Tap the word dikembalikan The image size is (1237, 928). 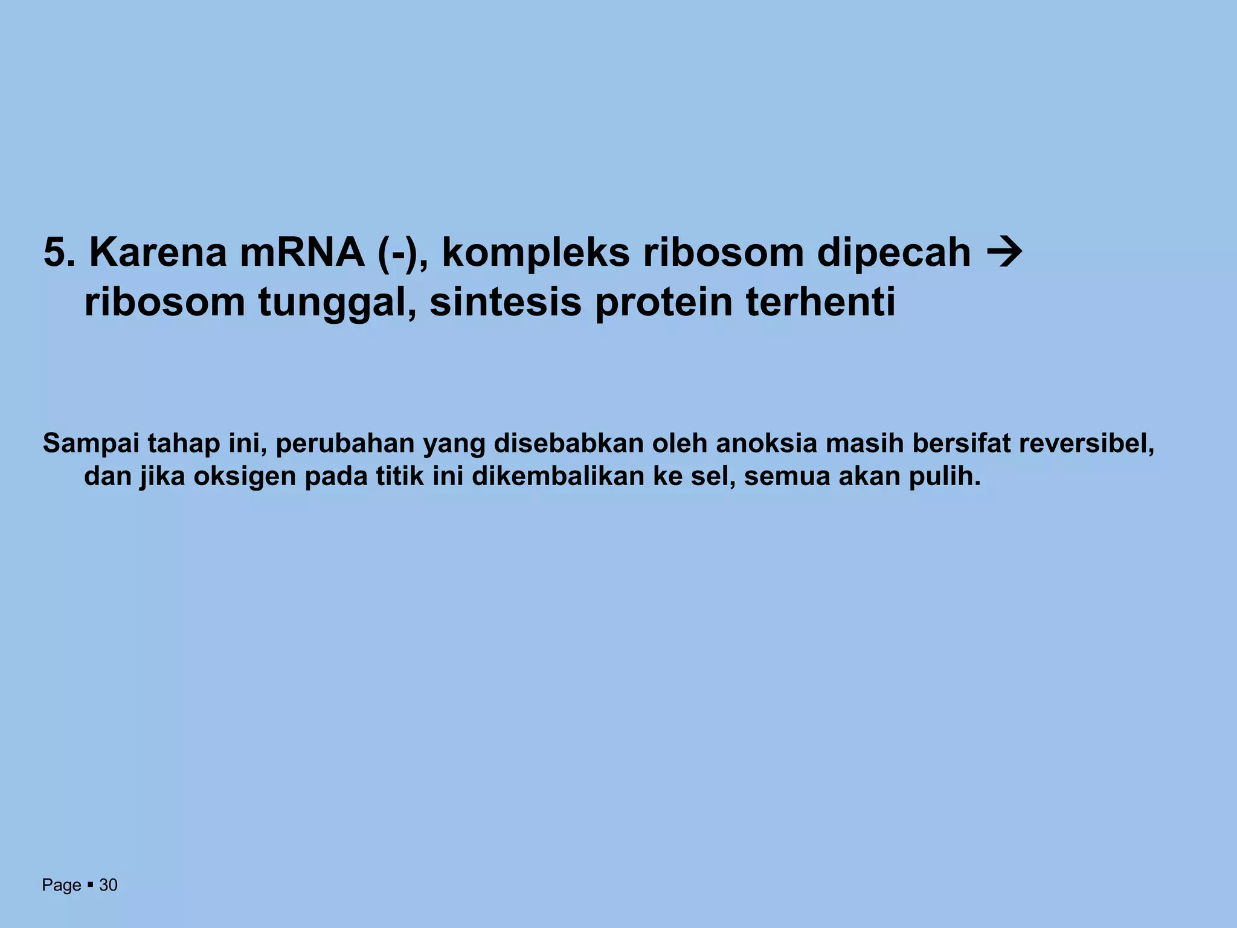[x=556, y=476]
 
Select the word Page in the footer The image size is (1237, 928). [x=61, y=885]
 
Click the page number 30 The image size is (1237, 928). [x=108, y=885]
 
